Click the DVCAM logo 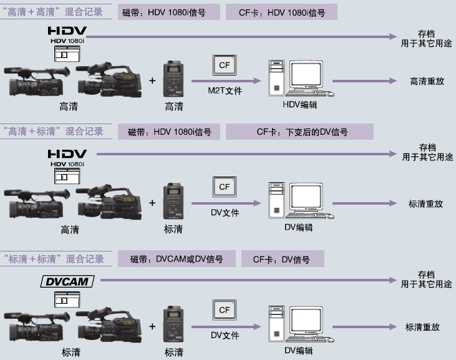click(67, 282)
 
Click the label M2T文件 click(225, 91)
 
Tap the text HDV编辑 click(300, 104)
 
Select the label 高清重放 click(427, 81)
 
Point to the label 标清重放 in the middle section click(425, 203)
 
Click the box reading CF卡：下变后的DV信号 click(299, 132)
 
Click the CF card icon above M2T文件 click(224, 65)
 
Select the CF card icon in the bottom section click(224, 309)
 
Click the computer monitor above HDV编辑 click(307, 77)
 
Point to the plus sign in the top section click(153, 80)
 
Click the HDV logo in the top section click(67, 31)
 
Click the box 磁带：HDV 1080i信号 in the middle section click(170, 132)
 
